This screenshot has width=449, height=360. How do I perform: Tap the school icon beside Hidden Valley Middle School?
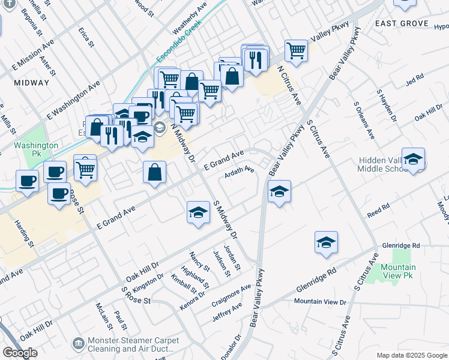(413, 159)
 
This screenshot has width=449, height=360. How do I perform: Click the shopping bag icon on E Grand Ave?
(154, 172)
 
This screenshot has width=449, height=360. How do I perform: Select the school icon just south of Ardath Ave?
(279, 192)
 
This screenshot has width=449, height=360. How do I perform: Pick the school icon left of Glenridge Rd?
(326, 242)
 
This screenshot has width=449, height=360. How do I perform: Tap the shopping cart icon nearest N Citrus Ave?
(296, 51)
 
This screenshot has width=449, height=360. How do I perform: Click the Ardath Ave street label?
(240, 173)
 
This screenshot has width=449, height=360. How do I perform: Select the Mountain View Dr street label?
(321, 301)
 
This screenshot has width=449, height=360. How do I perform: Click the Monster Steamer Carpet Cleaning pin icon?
(78, 343)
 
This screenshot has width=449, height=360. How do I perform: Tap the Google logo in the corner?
(20, 353)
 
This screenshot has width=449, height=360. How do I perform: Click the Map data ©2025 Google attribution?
(412, 355)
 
